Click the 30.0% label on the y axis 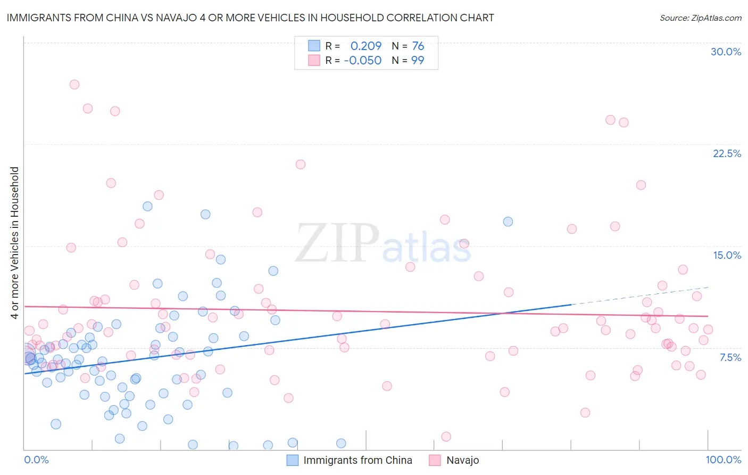[x=726, y=52]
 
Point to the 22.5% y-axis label [x=727, y=153]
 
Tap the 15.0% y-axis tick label [x=727, y=255]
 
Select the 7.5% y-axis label [x=730, y=357]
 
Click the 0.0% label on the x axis [x=36, y=460]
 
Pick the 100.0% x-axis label [x=723, y=460]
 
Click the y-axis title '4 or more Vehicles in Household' [x=15, y=243]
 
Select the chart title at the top [x=250, y=18]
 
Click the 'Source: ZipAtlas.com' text [x=700, y=18]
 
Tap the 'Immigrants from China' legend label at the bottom [x=358, y=460]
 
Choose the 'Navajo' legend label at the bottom [x=462, y=460]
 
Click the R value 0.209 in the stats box [x=365, y=46]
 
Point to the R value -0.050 [x=362, y=60]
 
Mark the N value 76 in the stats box [x=418, y=46]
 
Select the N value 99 [x=418, y=60]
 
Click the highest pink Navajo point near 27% [x=74, y=85]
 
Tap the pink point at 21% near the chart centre [x=301, y=165]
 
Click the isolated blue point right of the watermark [x=508, y=222]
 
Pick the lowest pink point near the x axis [x=446, y=437]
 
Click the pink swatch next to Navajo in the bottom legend [x=435, y=460]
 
